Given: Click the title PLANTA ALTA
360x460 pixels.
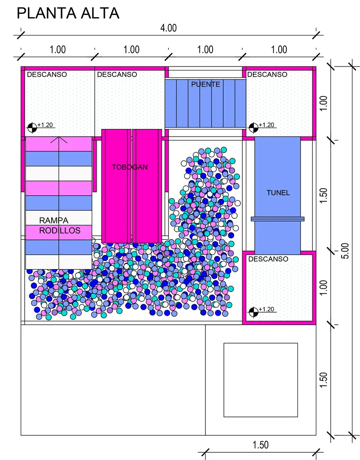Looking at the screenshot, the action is click(x=68, y=13).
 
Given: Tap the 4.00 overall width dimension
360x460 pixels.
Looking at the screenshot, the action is click(x=169, y=28).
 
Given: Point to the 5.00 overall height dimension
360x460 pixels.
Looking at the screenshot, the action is click(x=346, y=251).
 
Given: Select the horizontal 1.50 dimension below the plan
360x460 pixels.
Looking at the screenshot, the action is click(x=261, y=445).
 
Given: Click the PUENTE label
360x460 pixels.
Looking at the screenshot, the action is click(x=205, y=84).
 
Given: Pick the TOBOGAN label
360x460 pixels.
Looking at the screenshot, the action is click(x=130, y=167).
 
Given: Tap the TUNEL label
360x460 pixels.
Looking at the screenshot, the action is click(x=278, y=193).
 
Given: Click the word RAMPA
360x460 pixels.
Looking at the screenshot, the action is click(x=53, y=220).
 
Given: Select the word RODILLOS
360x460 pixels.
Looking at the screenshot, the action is click(x=60, y=230).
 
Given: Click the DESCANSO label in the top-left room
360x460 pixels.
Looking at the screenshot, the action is click(x=47, y=75).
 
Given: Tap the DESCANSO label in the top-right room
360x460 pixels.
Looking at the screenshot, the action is click(x=267, y=75).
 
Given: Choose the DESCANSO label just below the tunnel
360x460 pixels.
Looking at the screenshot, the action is click(x=268, y=259).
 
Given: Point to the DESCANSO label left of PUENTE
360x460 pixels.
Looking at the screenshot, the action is click(x=117, y=75).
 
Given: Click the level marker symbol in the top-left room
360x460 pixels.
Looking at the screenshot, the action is click(x=32, y=128).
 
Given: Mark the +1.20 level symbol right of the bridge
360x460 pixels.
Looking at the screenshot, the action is click(x=253, y=128).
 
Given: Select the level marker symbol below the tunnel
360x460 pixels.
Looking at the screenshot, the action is click(x=253, y=312).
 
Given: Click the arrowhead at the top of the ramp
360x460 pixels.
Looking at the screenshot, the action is click(x=59, y=140).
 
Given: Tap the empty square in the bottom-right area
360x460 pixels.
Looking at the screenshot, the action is click(x=261, y=380).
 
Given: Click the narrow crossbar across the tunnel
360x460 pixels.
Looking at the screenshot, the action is click(x=278, y=219).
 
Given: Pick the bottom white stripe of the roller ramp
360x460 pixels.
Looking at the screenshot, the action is click(x=59, y=262).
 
